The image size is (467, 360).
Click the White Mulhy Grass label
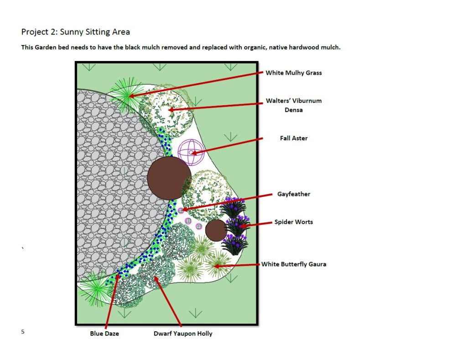(294, 73)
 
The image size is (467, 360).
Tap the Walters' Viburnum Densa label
(294, 105)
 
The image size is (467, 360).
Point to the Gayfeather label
(294, 194)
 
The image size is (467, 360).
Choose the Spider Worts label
(293, 222)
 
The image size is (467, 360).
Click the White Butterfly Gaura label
(294, 264)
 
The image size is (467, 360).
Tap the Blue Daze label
(104, 334)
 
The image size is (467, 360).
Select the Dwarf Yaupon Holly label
(182, 334)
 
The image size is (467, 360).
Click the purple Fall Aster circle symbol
(189, 152)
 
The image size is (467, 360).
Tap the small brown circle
(216, 230)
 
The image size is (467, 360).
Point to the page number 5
(23, 332)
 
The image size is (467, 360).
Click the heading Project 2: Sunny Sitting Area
(76, 32)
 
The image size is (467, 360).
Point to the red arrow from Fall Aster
(228, 145)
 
